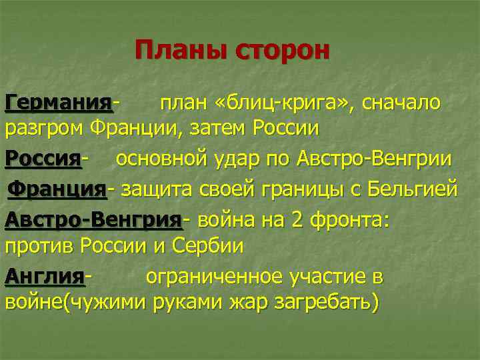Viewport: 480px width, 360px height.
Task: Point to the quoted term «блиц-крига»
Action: tap(278, 103)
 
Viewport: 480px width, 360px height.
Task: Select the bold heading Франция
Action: tap(57, 189)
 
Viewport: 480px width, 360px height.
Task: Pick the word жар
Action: tap(247, 301)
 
